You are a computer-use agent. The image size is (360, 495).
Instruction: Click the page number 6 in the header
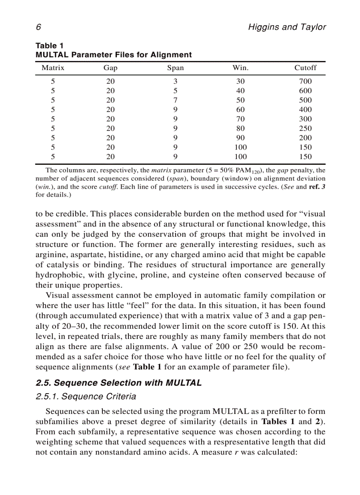[38, 27]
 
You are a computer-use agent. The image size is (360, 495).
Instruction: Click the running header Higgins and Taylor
[287, 27]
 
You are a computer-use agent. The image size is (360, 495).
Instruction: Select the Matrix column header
[53, 68]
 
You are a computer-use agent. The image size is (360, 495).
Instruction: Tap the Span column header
[175, 68]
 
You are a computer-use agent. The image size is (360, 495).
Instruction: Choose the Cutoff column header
[305, 68]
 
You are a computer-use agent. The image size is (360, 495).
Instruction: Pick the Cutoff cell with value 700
[305, 81]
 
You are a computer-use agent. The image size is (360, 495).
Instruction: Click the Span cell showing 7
[175, 100]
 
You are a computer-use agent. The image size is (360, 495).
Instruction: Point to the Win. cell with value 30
[240, 81]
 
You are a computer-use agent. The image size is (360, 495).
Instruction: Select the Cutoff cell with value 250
[305, 128]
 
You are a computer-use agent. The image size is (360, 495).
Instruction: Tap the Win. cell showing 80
[240, 128]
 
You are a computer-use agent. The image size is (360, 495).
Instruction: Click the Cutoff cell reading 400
[305, 109]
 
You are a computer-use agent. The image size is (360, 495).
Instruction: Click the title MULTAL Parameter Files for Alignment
[113, 55]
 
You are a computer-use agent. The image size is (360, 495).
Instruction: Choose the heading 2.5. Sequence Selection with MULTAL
[118, 383]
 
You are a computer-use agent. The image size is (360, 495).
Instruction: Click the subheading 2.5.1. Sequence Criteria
[86, 397]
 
